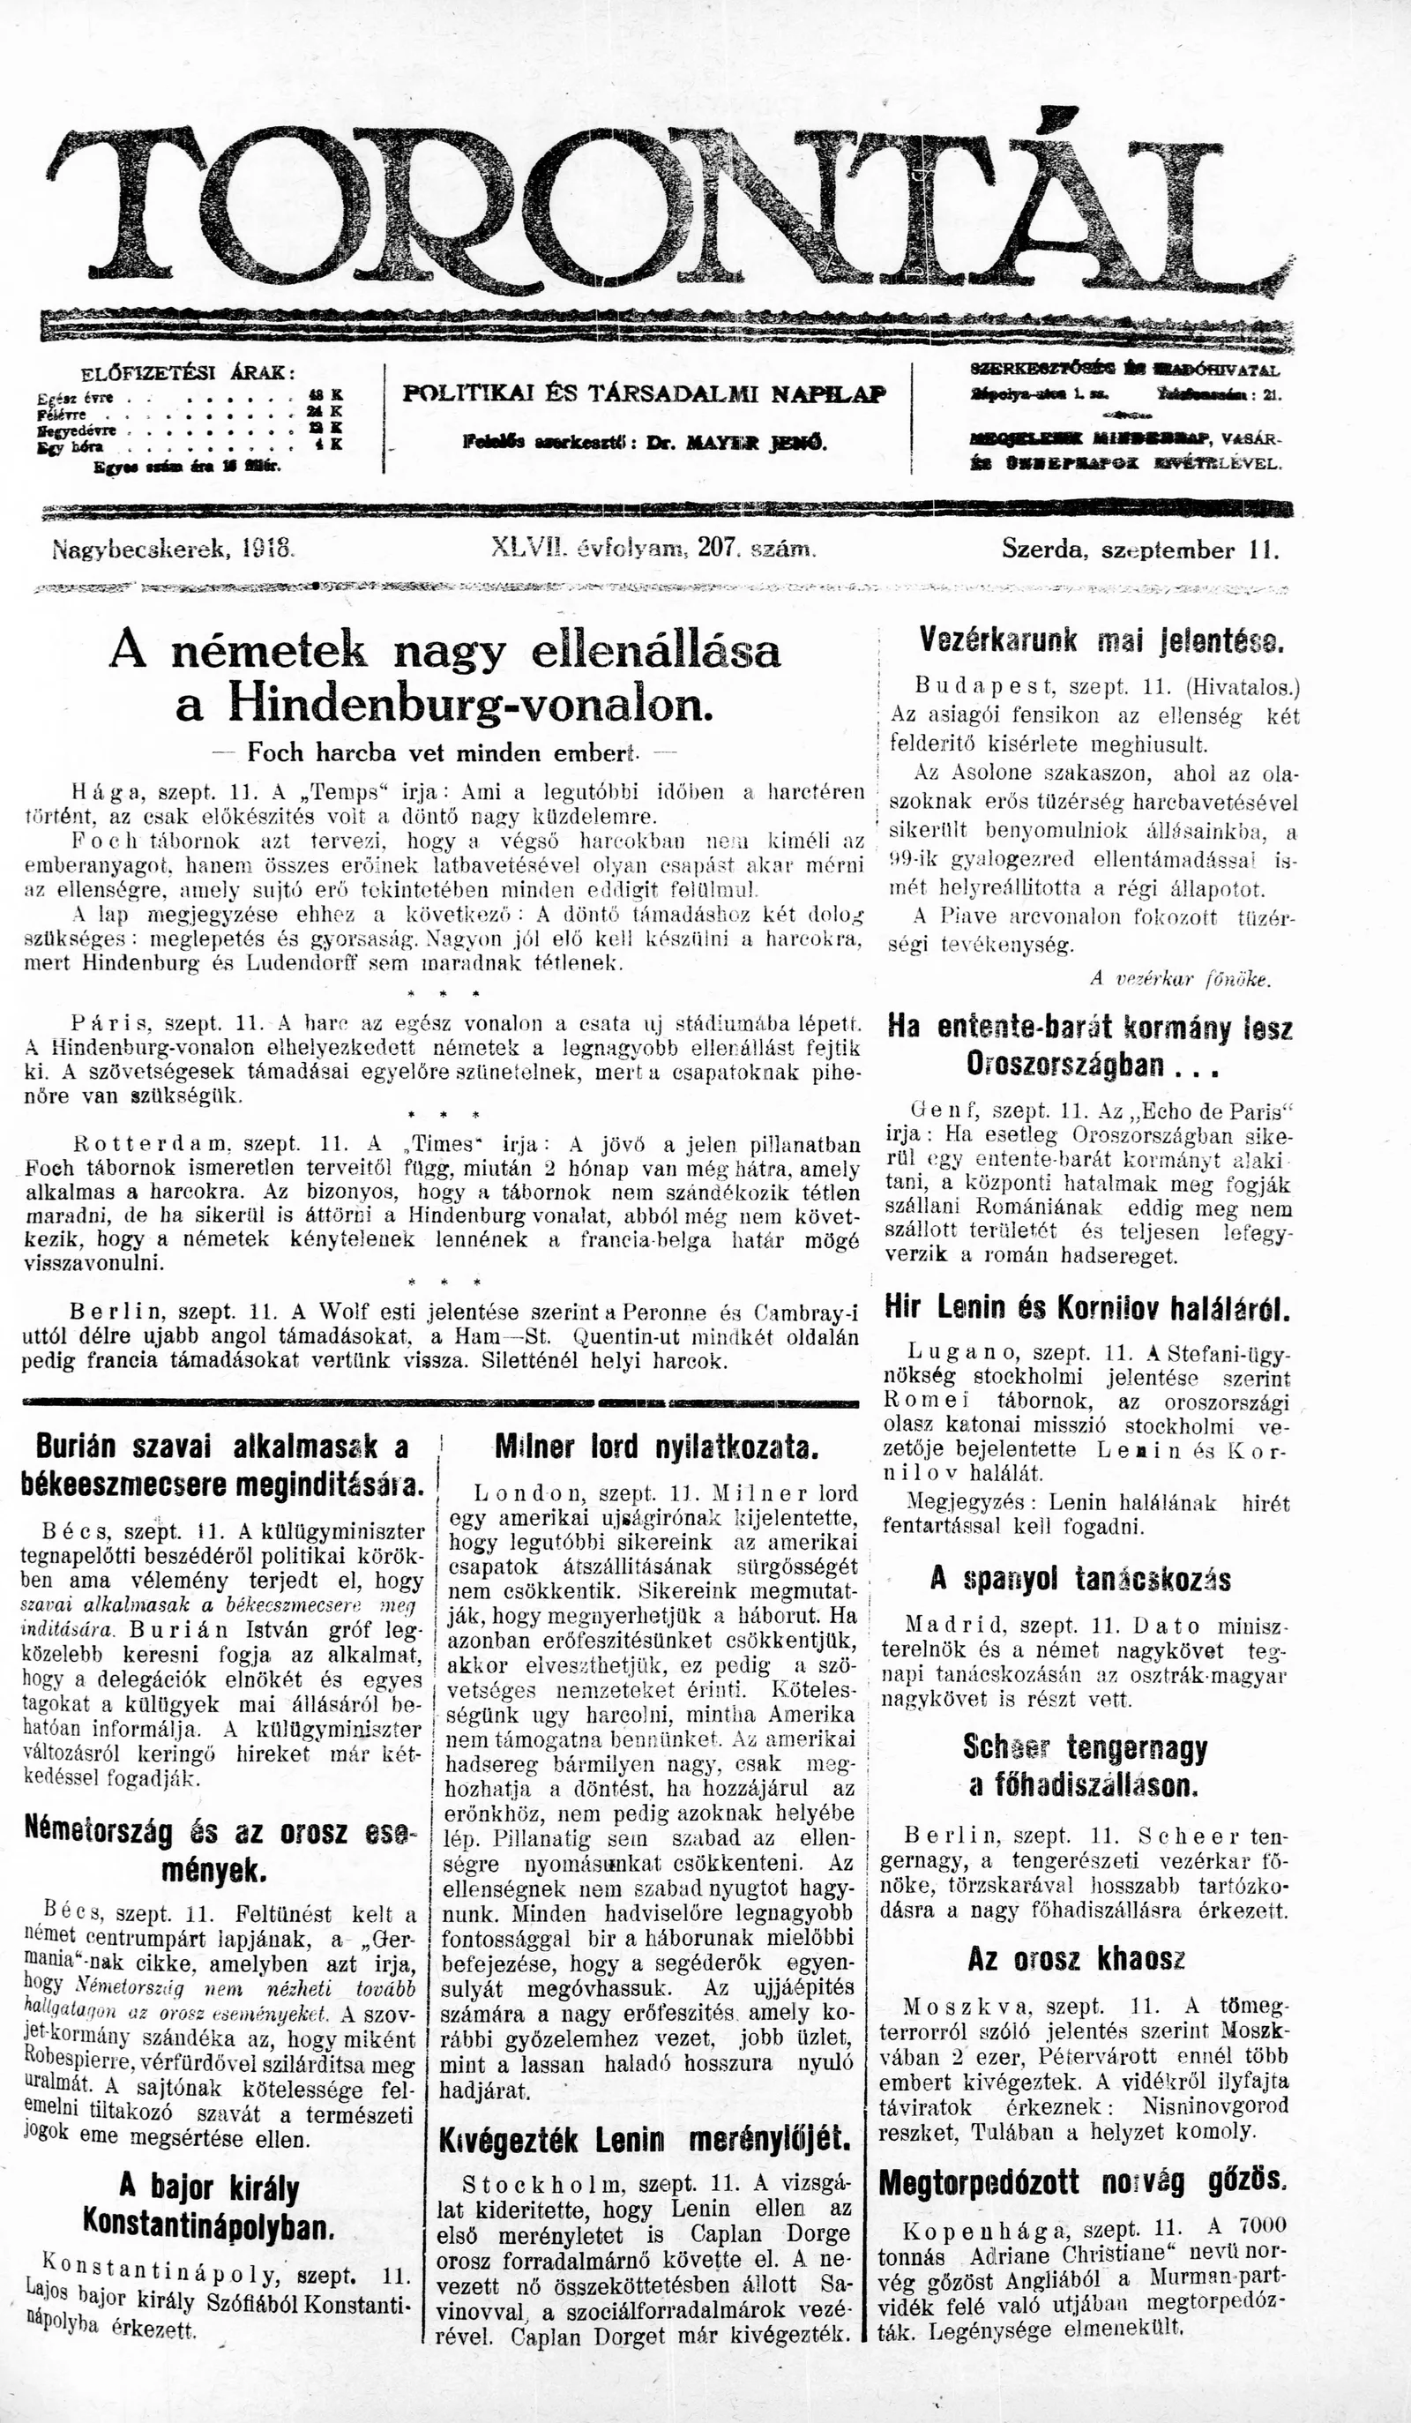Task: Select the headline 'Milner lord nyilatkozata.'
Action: tap(655, 1448)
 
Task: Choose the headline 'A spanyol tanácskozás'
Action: tap(1080, 1579)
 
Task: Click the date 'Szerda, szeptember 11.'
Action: tap(1140, 551)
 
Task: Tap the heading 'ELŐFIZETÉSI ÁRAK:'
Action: tap(188, 374)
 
